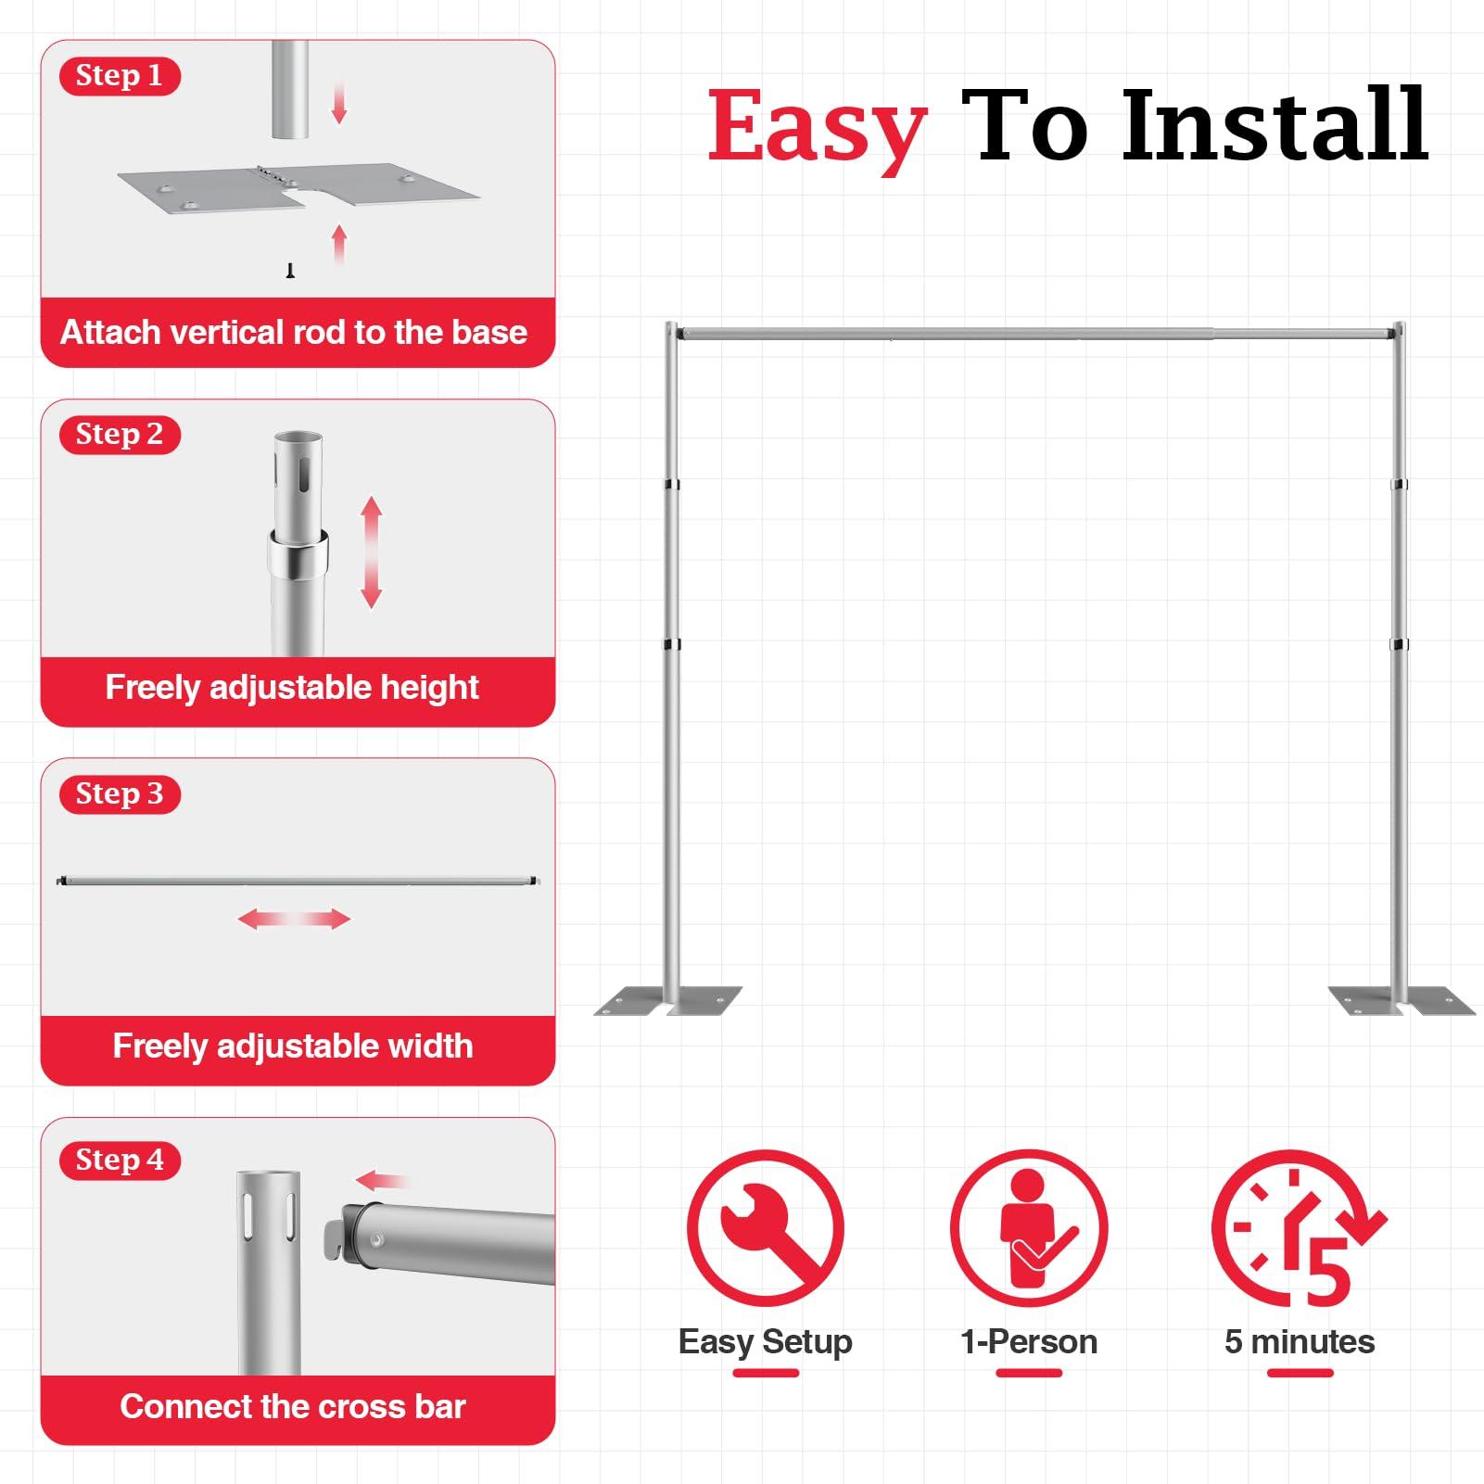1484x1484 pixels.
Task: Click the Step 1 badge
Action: [x=119, y=76]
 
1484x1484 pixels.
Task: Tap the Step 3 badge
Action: [x=119, y=794]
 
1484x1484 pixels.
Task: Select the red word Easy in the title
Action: [x=816, y=127]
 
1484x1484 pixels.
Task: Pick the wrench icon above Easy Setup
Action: [x=765, y=1227]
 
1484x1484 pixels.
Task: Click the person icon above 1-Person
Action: [x=1029, y=1227]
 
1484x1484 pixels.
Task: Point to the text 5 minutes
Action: [x=1299, y=1341]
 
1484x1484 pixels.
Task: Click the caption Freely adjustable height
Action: [x=292, y=688]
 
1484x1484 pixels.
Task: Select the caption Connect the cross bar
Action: [x=292, y=1406]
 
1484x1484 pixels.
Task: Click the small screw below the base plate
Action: [x=290, y=270]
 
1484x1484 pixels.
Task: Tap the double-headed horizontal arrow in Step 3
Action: [x=294, y=919]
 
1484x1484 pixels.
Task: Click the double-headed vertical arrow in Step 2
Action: [x=372, y=552]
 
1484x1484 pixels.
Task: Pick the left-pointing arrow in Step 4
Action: [x=381, y=1181]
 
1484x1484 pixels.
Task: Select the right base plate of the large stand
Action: [x=1400, y=1000]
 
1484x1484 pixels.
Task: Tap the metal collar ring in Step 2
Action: [x=298, y=553]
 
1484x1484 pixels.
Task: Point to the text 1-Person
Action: [x=1029, y=1341]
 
